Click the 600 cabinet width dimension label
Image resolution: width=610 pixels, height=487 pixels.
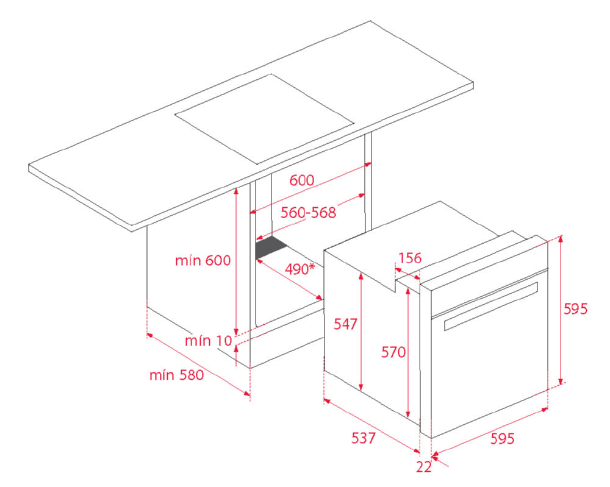[x=301, y=180]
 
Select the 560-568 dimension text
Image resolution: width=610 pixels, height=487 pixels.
[x=308, y=213]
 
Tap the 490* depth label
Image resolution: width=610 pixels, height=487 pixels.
[x=300, y=269]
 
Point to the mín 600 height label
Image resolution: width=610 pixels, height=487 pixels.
[x=203, y=260]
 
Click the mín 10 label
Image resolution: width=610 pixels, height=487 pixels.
[x=208, y=341]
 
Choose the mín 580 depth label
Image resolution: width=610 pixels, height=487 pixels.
[x=177, y=375]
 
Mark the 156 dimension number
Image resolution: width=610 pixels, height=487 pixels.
[x=410, y=258]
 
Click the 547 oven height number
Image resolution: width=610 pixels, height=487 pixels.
[x=345, y=324]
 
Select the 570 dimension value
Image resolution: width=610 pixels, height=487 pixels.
[x=393, y=352]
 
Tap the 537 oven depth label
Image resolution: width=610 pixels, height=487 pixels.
[x=364, y=438]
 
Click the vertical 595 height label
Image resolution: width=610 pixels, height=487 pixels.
[x=575, y=309]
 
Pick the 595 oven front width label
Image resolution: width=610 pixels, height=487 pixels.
[x=502, y=438]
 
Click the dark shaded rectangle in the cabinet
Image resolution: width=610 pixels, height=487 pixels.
[x=271, y=247]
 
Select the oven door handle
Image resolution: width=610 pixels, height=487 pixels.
[x=491, y=307]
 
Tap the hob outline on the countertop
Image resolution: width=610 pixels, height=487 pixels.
[x=264, y=119]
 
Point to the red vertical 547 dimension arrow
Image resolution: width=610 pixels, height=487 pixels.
[x=361, y=332]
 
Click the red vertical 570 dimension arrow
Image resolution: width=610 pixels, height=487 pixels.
[x=408, y=352]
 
